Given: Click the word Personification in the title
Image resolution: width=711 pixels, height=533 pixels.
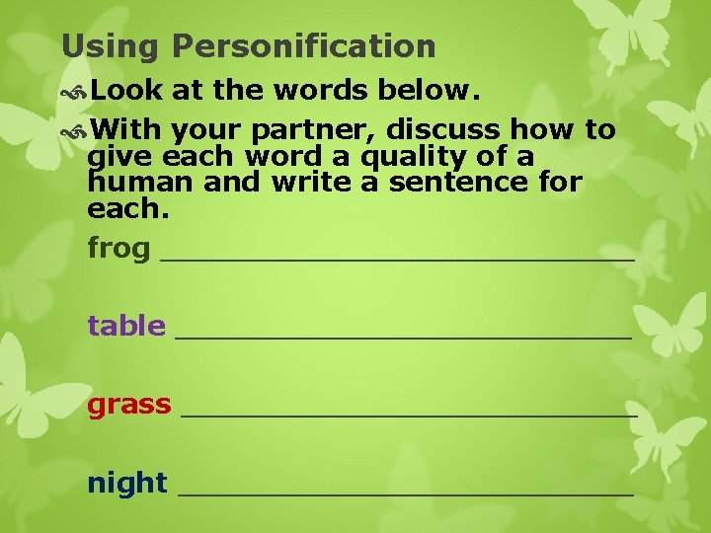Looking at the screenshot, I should (303, 46).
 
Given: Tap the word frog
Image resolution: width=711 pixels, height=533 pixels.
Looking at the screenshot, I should (118, 249).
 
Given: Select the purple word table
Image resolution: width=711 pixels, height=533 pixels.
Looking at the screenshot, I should (126, 326).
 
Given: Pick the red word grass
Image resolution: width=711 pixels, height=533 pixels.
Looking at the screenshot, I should (129, 405).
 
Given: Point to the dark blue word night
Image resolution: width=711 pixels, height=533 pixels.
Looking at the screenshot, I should (127, 484).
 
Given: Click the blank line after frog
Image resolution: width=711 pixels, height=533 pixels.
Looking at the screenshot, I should (396, 258).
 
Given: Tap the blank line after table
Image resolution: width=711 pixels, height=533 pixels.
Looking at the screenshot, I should (403, 336).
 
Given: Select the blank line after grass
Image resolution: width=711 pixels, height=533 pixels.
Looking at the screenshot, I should (410, 415).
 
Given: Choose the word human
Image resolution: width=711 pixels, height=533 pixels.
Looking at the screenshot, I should (131, 183).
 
